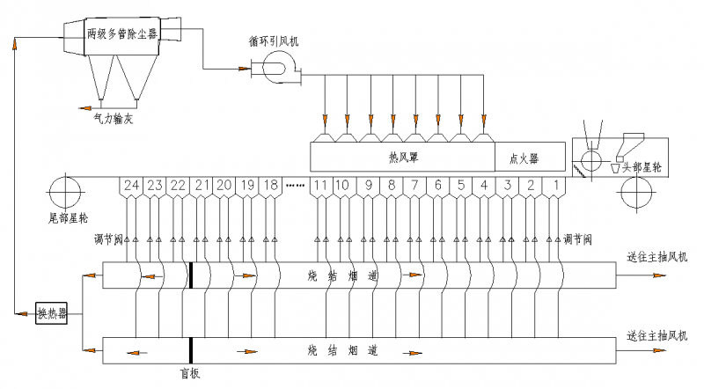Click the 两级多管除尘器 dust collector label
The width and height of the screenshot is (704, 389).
(x=122, y=33)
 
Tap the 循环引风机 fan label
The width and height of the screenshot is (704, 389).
(x=275, y=41)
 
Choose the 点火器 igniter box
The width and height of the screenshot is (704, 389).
(x=524, y=159)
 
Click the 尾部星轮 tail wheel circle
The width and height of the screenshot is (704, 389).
(x=66, y=190)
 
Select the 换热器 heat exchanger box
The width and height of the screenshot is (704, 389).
(x=53, y=313)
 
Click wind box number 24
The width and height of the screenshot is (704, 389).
(x=131, y=186)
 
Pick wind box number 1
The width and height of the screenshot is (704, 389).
(x=556, y=186)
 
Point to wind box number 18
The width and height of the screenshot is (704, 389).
(x=271, y=186)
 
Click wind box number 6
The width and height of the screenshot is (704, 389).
(x=437, y=186)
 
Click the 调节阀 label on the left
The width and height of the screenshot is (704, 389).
(x=107, y=239)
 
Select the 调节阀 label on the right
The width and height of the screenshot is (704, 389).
(x=578, y=239)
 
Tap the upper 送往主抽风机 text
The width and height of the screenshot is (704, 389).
(x=656, y=258)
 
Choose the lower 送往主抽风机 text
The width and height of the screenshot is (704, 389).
(x=656, y=335)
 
